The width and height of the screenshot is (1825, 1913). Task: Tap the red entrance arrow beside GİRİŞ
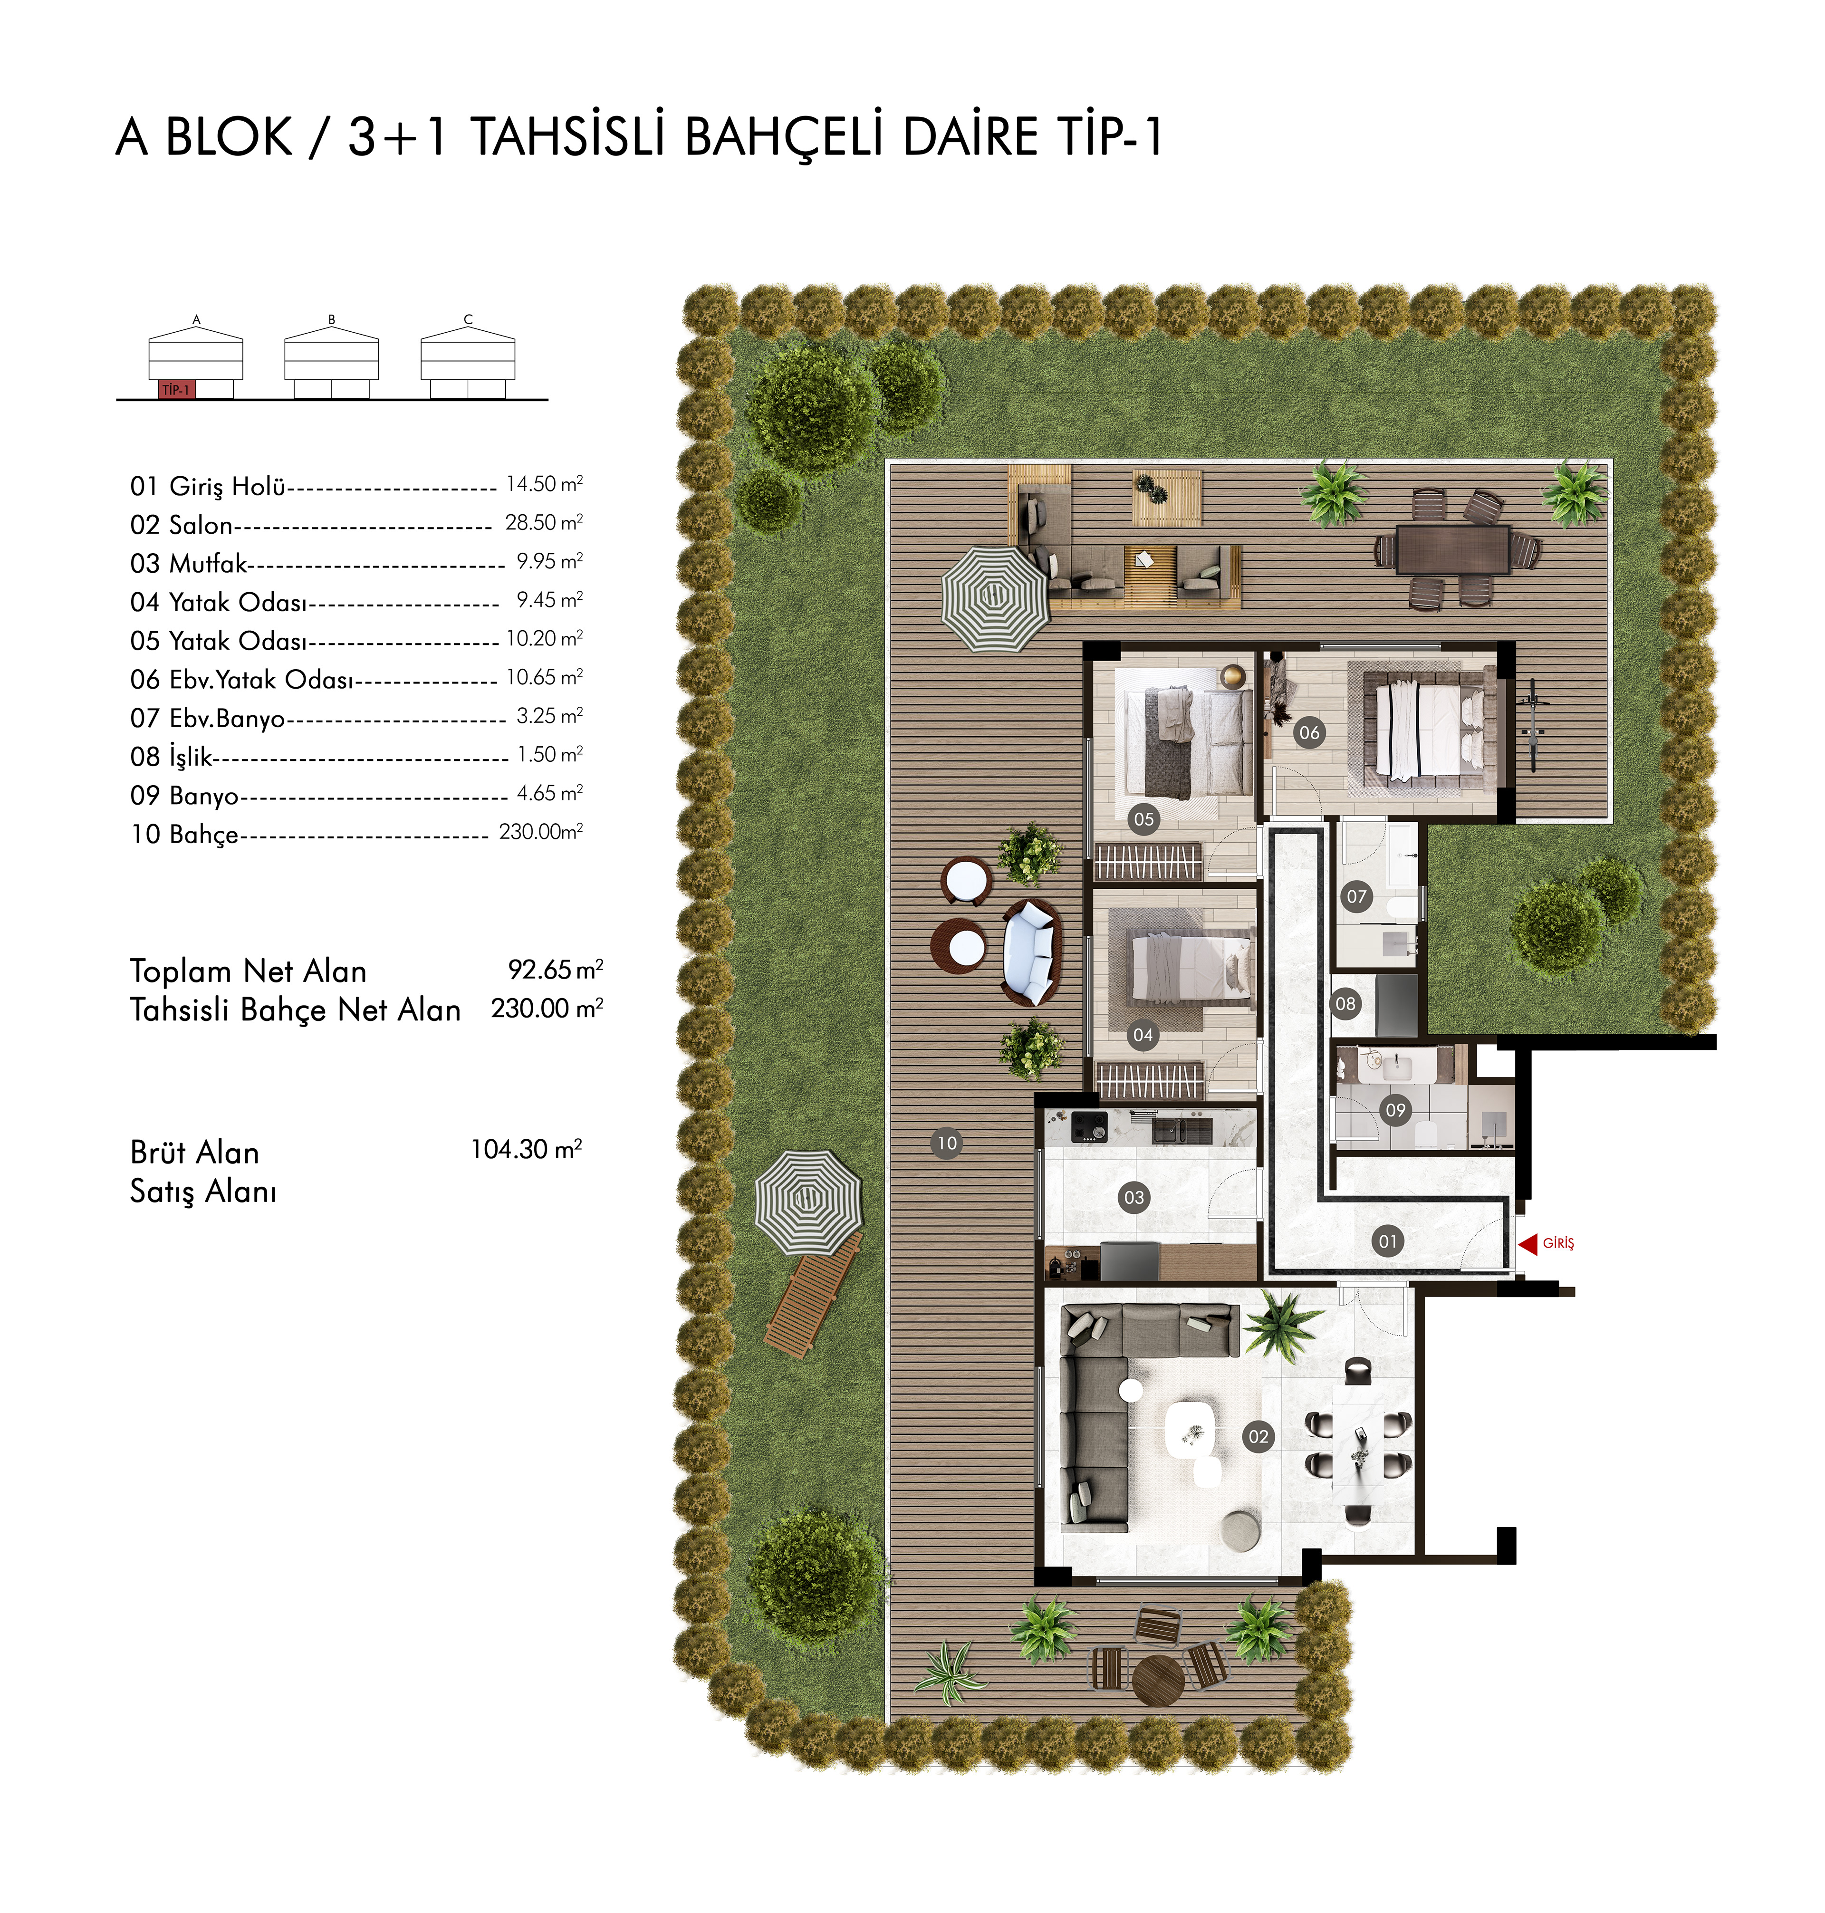pyautogui.click(x=1527, y=1243)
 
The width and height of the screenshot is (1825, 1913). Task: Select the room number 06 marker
pyautogui.click(x=1309, y=733)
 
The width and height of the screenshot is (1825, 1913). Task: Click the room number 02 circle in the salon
pyautogui.click(x=1259, y=1436)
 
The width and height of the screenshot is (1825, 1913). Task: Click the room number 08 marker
pyautogui.click(x=1345, y=1003)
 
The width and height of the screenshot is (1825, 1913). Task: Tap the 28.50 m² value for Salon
pyautogui.click(x=544, y=522)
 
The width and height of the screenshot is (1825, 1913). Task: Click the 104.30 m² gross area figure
pyautogui.click(x=526, y=1149)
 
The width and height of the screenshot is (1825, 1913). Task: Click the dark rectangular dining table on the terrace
pyautogui.click(x=1452, y=550)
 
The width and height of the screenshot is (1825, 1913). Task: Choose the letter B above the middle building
pyautogui.click(x=332, y=319)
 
